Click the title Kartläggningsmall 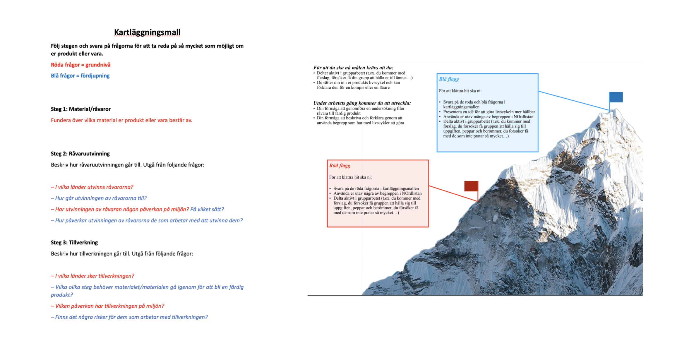(147, 32)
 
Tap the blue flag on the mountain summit (616, 97)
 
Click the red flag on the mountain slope (471, 186)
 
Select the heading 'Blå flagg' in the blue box (449, 79)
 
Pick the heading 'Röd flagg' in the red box (340, 166)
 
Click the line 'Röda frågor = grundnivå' (80, 65)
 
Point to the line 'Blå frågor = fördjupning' (80, 76)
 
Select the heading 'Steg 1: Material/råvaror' (81, 109)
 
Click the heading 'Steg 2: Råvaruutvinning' (80, 154)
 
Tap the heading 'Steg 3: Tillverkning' (74, 242)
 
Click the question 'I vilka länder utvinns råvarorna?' (92, 187)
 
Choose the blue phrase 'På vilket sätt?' (207, 209)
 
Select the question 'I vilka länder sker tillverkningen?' (92, 276)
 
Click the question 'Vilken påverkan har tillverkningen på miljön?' (107, 306)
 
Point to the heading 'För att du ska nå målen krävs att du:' (353, 68)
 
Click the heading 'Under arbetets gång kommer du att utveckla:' (362, 103)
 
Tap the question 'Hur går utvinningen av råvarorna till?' (99, 198)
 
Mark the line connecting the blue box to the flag (574, 101)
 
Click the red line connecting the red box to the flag (453, 193)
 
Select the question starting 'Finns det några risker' (129, 317)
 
